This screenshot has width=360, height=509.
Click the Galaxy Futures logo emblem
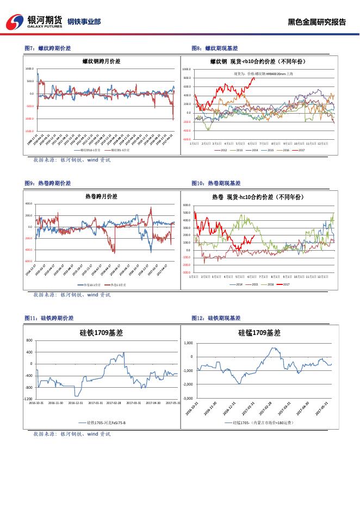pyautogui.click(x=16, y=21)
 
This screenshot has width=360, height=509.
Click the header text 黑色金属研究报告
pyautogui.click(x=316, y=22)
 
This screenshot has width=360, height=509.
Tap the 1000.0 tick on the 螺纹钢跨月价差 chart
pyautogui.click(x=30, y=70)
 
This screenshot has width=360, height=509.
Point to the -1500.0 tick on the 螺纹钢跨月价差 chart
pyautogui.click(x=29, y=131)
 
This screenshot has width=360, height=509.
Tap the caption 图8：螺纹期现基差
pyautogui.click(x=216, y=48)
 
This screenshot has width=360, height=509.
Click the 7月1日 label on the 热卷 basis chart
pyautogui.click(x=264, y=277)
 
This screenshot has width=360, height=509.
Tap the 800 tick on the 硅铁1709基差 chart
pyautogui.click(x=29, y=340)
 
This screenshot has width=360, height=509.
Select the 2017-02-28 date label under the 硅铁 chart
pyautogui.click(x=114, y=403)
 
